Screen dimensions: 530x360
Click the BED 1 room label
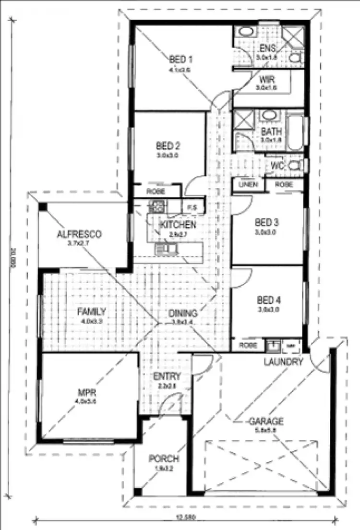tap(180, 60)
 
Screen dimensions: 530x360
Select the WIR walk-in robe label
tap(266, 79)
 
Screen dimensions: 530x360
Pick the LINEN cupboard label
tap(248, 185)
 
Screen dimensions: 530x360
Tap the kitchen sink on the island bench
tap(167, 248)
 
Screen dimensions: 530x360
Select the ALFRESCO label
tap(79, 235)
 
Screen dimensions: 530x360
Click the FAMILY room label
tap(91, 312)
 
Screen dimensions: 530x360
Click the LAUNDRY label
tap(283, 362)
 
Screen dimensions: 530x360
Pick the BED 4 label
tap(267, 301)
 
